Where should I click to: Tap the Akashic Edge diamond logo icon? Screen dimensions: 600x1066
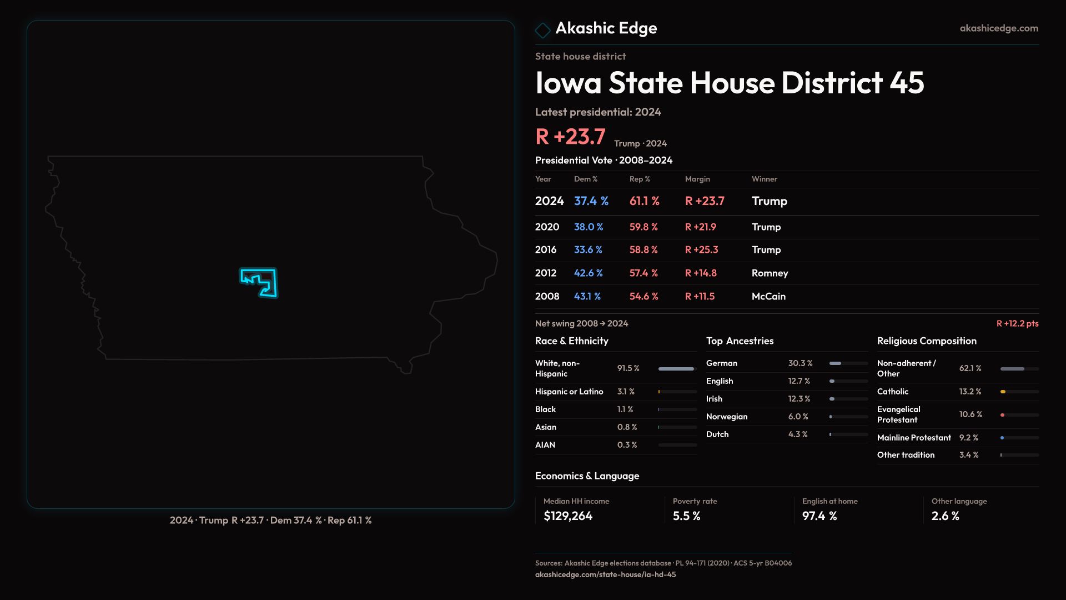(x=542, y=30)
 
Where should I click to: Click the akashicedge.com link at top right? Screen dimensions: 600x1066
(x=998, y=28)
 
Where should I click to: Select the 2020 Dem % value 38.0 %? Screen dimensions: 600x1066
(x=588, y=227)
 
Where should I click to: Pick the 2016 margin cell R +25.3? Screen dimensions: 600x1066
(x=701, y=250)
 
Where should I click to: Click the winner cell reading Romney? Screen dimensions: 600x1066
(x=770, y=273)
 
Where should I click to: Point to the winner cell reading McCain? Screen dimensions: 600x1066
(x=768, y=297)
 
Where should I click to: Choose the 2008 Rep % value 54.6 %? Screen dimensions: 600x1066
(x=643, y=297)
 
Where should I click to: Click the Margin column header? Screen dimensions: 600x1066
(x=697, y=179)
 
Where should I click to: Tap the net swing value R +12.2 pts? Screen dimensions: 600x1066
(x=1017, y=323)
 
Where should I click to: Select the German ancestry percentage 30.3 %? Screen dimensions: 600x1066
(x=800, y=363)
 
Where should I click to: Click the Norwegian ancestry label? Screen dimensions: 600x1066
(x=726, y=417)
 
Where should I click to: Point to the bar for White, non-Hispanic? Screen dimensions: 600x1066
(x=676, y=369)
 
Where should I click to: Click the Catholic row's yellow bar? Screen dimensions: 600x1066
(x=1003, y=392)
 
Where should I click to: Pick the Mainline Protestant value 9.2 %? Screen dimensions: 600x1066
(x=968, y=438)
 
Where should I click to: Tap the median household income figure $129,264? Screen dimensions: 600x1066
(x=568, y=516)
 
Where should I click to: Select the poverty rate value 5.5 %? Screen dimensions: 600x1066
(x=686, y=516)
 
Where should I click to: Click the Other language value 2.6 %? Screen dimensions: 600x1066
(x=945, y=516)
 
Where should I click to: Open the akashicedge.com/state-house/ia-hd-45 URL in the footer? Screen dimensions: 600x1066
(x=605, y=574)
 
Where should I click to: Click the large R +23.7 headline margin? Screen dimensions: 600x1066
(x=570, y=137)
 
